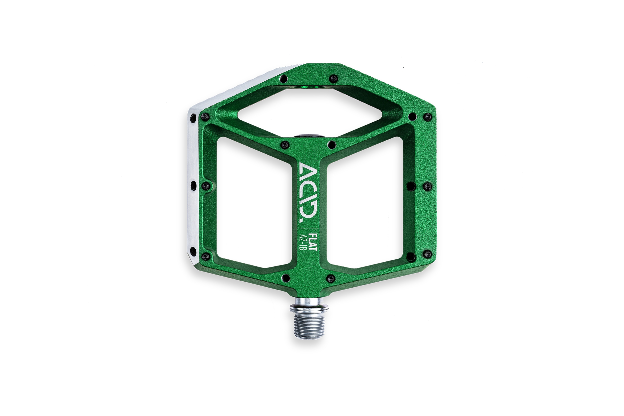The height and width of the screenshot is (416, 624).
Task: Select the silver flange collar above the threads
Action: coord(309,308)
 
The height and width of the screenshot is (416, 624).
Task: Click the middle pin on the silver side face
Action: coord(193,185)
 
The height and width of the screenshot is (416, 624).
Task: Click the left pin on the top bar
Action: coord(284,79)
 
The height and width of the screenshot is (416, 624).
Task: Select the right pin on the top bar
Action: coord(333,79)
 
